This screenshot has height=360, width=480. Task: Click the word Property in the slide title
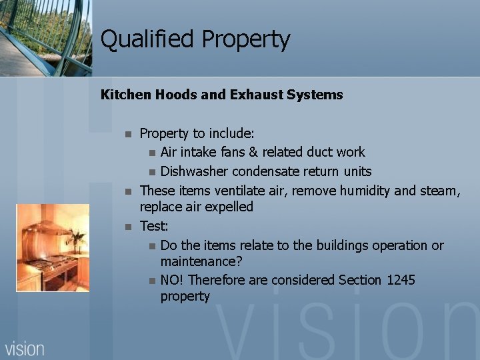coord(246,41)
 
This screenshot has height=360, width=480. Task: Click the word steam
coord(439,191)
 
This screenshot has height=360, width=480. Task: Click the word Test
coord(153,226)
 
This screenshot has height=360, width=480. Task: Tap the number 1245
coord(401,280)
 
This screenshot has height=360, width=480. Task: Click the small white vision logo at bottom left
coord(25,349)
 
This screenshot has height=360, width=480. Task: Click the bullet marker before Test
coord(129,227)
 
